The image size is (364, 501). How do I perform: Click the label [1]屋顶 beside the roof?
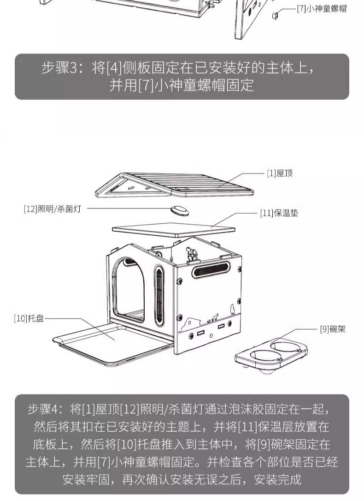(279, 173)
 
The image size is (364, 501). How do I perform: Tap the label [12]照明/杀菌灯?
(52, 209)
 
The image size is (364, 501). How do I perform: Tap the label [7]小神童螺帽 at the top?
(322, 9)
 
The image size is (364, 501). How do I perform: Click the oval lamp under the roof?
(180, 210)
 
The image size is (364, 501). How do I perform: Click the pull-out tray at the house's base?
(111, 344)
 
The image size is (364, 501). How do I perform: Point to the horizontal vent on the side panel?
(211, 268)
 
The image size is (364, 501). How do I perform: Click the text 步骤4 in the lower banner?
(44, 409)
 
